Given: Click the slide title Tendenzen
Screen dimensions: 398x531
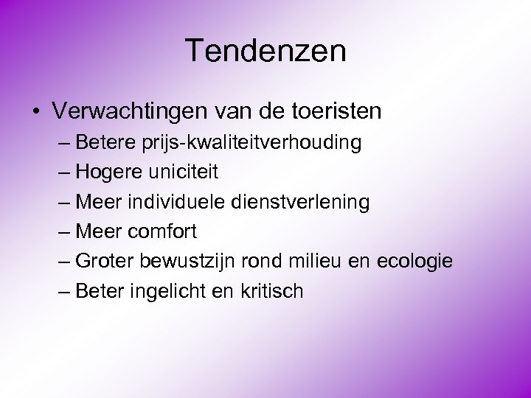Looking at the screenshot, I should [x=265, y=51].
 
